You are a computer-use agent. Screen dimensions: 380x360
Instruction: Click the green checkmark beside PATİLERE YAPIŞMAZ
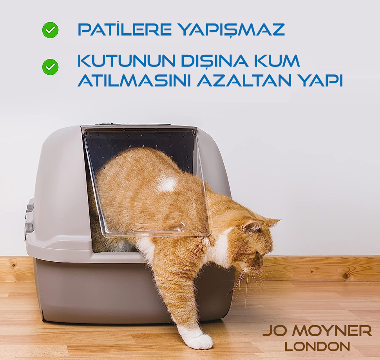point(50,30)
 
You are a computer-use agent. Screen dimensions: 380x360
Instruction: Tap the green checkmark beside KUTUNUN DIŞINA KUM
point(50,67)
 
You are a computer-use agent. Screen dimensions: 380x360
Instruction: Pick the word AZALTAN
point(244,80)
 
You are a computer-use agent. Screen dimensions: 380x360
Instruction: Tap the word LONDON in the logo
point(317,346)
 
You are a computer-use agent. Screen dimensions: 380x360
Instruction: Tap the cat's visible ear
point(252,225)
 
